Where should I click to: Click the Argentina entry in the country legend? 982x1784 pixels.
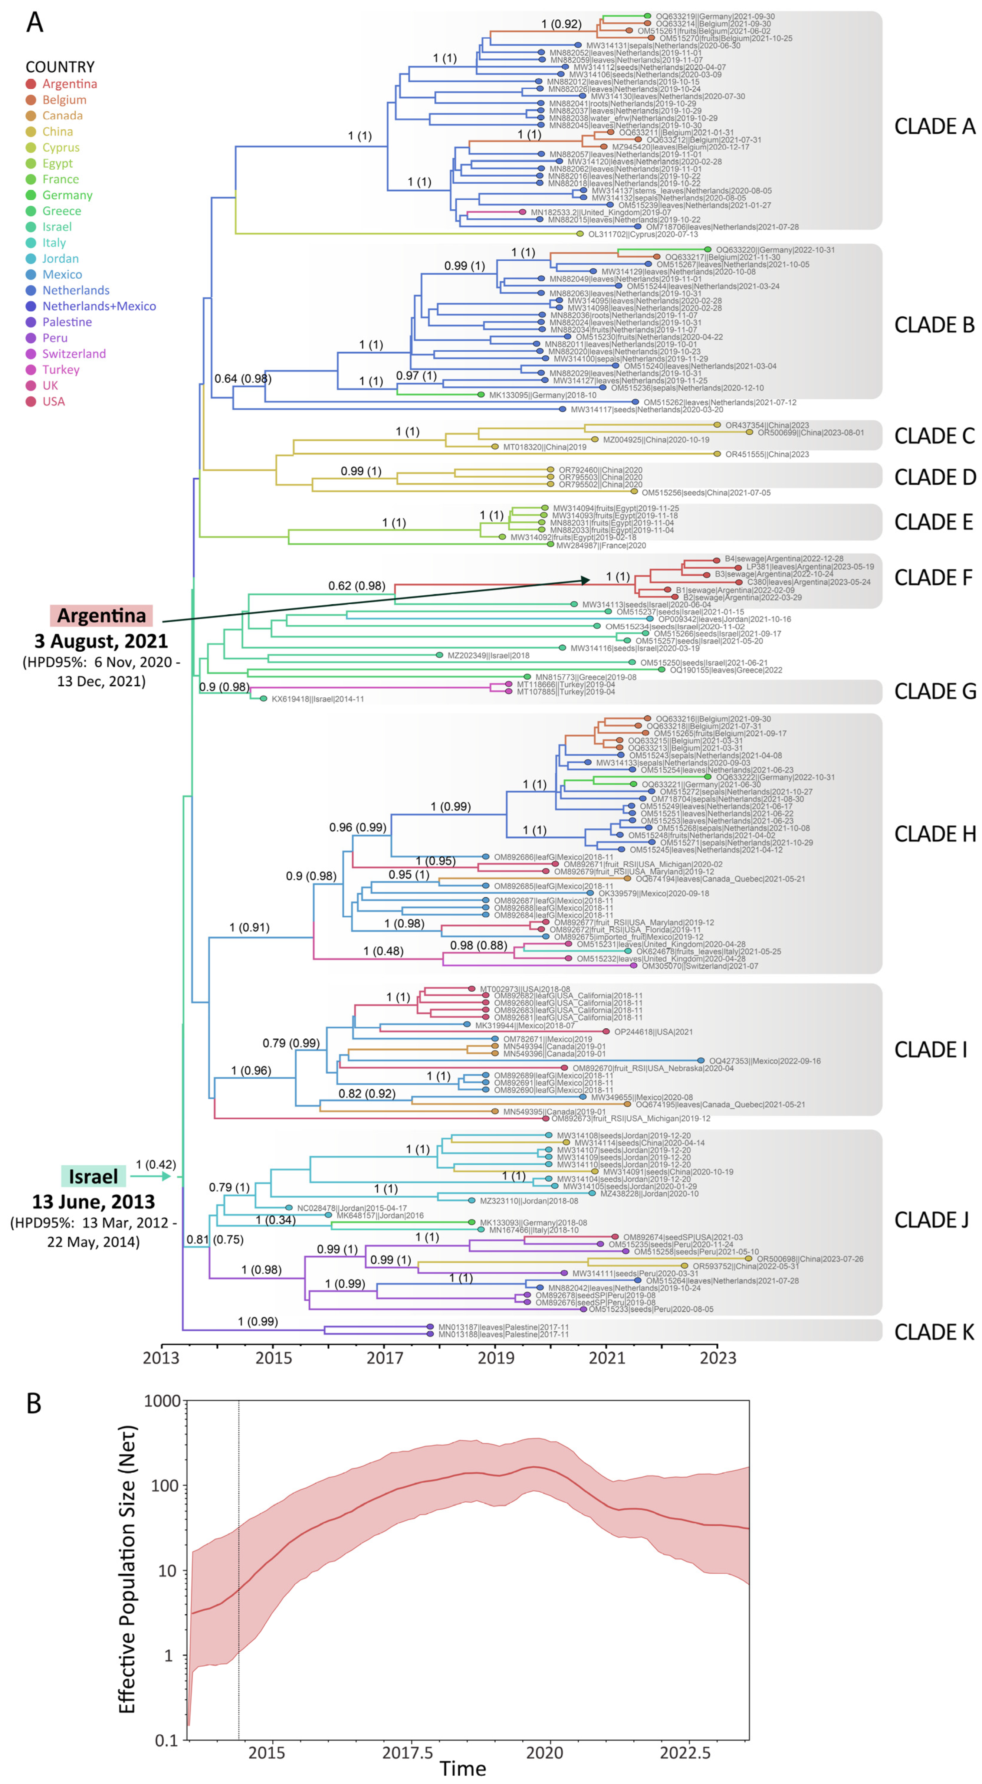[x=69, y=84]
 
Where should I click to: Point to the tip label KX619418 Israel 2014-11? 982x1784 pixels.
[x=316, y=699]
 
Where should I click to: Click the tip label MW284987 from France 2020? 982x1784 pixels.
[x=600, y=545]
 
